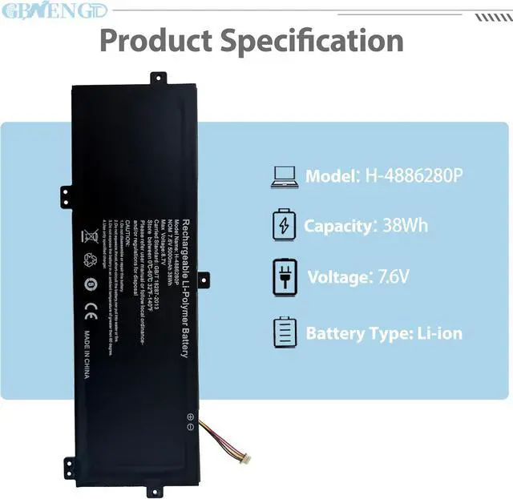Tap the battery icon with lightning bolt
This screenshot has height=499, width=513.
(284, 225)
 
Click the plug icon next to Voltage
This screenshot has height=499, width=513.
(284, 277)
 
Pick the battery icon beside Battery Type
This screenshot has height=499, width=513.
(284, 332)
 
